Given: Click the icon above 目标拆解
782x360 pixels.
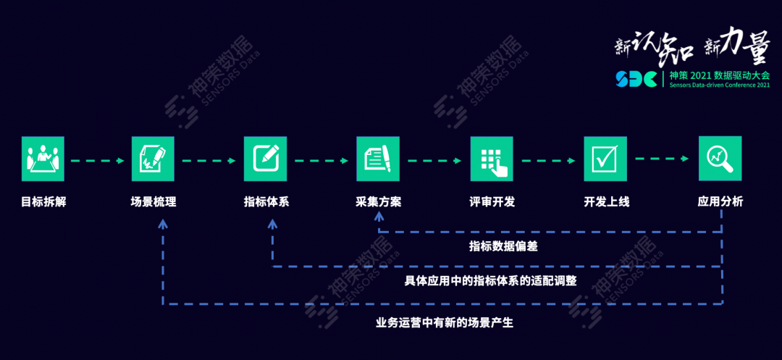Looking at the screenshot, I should (43, 159).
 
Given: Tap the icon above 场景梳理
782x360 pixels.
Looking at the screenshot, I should (153, 159).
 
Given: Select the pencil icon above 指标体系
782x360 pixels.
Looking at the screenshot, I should (266, 159).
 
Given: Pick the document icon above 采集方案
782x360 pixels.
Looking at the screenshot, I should (378, 159).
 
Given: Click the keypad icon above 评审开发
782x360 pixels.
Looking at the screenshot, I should (491, 159).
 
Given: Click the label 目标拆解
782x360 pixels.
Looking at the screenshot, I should (43, 202).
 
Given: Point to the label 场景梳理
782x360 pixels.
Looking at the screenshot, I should (153, 202).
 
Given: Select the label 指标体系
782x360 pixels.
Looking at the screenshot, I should (266, 202).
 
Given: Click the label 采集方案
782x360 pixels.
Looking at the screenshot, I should (378, 202).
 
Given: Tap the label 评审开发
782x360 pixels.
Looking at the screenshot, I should (491, 202).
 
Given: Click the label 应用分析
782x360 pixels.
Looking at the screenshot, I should (720, 202).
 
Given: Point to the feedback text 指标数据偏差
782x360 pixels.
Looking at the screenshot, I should (503, 246).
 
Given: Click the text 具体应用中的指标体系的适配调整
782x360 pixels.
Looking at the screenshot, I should (490, 281).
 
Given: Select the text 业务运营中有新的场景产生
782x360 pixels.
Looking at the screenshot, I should (444, 322).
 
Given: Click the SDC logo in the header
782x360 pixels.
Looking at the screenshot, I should (636, 78).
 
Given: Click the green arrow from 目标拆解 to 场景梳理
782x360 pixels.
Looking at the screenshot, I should (98, 159).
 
